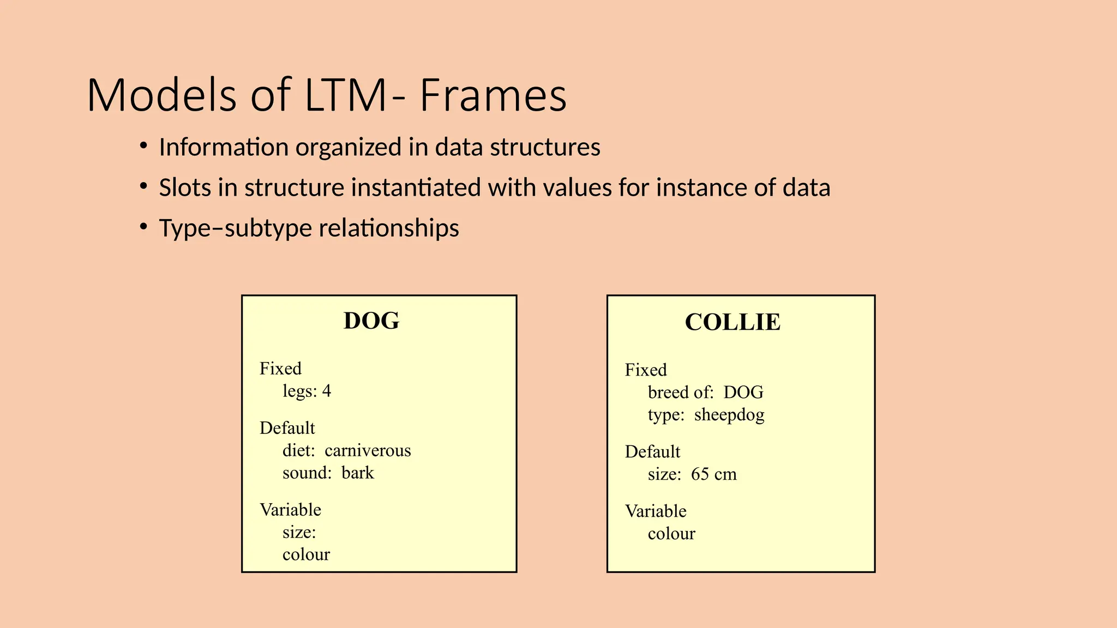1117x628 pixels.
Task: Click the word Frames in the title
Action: (x=493, y=95)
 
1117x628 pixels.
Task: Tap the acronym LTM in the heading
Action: (x=346, y=95)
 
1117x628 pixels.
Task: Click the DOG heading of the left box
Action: (x=371, y=321)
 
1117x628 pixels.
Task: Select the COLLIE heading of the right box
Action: (x=732, y=322)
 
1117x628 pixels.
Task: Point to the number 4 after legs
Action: (x=326, y=391)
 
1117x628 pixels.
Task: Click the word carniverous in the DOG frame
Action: (x=368, y=450)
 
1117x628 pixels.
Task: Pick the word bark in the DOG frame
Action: (x=358, y=473)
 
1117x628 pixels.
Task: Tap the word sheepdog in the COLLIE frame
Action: (x=729, y=415)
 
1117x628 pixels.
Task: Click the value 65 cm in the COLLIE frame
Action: (x=713, y=474)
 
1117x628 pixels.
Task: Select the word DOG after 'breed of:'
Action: (x=743, y=392)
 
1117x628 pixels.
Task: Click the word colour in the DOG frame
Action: (x=306, y=554)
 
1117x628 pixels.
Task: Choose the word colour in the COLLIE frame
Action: (x=671, y=534)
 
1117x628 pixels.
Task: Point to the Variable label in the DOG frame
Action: (x=290, y=510)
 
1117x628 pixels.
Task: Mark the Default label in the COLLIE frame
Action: (x=652, y=452)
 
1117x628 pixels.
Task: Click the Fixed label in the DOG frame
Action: (x=280, y=369)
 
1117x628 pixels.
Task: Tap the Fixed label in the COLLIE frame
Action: (x=646, y=370)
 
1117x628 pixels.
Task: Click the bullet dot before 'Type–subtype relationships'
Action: (x=143, y=226)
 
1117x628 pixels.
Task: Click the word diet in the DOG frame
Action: (x=298, y=450)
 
